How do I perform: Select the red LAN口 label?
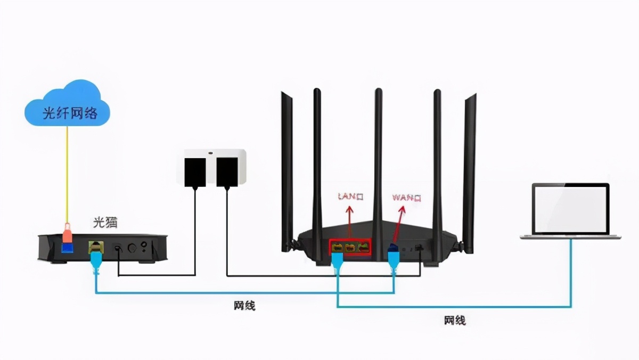[351, 197]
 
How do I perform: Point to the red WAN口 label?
[406, 198]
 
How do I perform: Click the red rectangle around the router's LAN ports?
[349, 247]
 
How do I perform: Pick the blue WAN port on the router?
[393, 248]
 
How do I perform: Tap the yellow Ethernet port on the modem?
[94, 247]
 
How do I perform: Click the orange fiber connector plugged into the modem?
[67, 234]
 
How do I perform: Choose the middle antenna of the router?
[378, 160]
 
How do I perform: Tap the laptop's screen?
[571, 209]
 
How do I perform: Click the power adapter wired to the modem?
[195, 171]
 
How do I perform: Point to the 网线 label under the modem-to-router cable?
[244, 306]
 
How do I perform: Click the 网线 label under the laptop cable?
[455, 320]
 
